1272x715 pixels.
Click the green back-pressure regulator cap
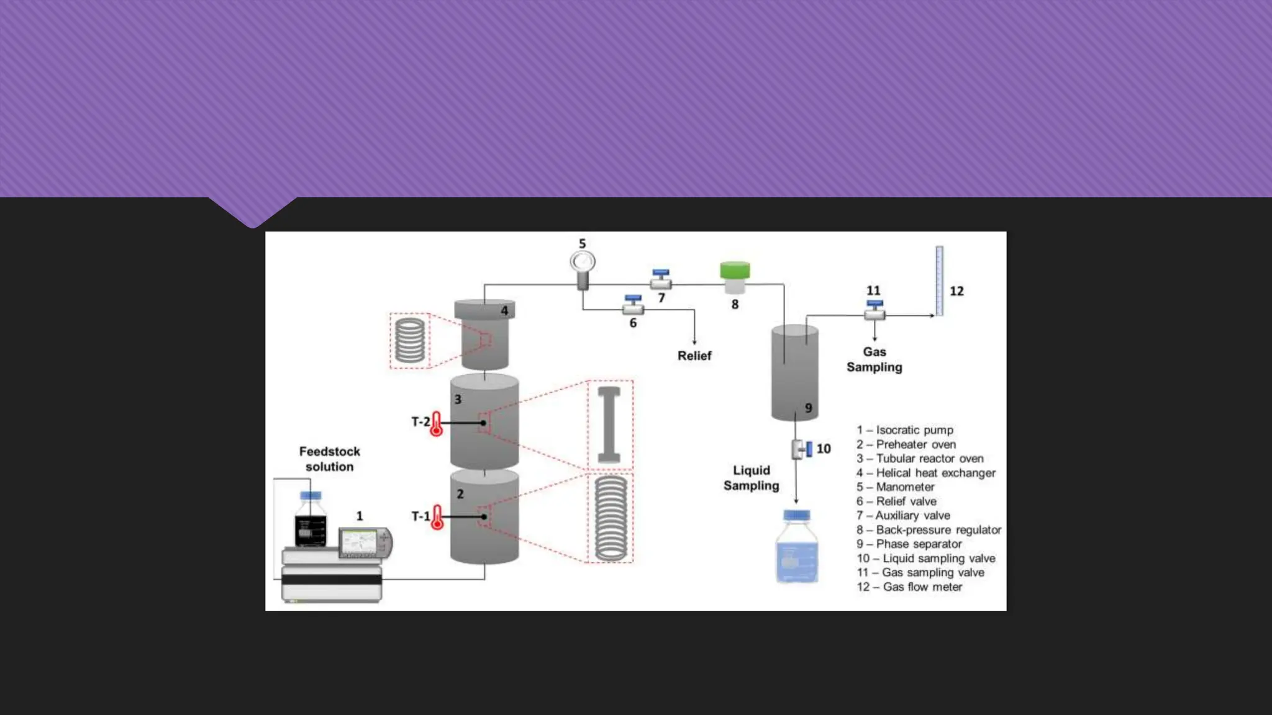coord(735,271)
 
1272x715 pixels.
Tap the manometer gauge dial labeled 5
coord(583,262)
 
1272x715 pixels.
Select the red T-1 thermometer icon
coord(437,517)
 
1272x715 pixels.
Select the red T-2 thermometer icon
coord(437,424)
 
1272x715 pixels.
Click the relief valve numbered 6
coord(633,305)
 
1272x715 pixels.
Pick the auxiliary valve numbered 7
coord(661,280)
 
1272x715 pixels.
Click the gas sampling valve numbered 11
coord(874,311)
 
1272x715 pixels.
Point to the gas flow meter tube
coord(939,281)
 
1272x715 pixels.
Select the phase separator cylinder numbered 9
coord(794,372)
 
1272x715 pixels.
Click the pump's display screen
coord(360,542)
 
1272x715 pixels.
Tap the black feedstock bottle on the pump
coord(311,523)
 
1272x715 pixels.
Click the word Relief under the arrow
coord(694,356)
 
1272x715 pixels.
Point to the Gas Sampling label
coord(874,359)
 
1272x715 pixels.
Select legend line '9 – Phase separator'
coord(909,544)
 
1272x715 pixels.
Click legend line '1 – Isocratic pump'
coord(905,429)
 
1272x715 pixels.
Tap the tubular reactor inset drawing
coord(609,425)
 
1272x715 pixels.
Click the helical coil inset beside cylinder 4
coord(410,340)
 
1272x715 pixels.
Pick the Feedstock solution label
coord(329,459)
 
